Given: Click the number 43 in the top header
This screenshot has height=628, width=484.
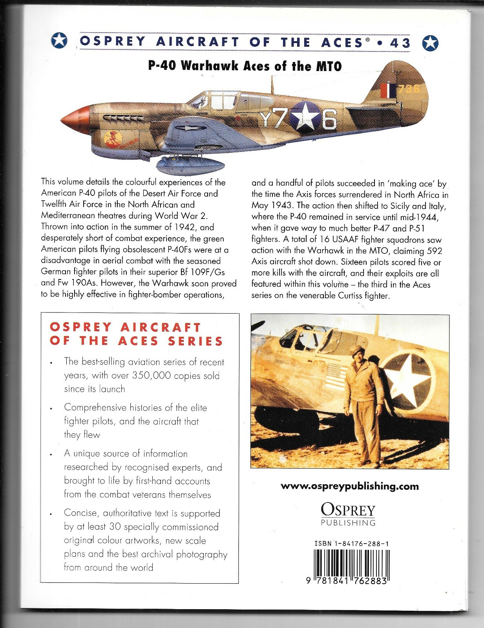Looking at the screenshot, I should click(x=400, y=42).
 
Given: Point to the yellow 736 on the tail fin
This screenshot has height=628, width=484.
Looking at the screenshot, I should click(x=409, y=88).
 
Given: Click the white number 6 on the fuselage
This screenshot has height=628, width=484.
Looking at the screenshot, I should click(x=329, y=120).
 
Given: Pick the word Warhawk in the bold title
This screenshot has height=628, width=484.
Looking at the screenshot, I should click(x=212, y=66).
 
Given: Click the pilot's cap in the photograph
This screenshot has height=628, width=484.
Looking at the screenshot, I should click(x=357, y=348).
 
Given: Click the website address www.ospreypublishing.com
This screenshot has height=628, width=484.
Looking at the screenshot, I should click(x=350, y=486).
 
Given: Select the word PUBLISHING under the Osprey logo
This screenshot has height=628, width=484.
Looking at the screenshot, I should click(x=348, y=523).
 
